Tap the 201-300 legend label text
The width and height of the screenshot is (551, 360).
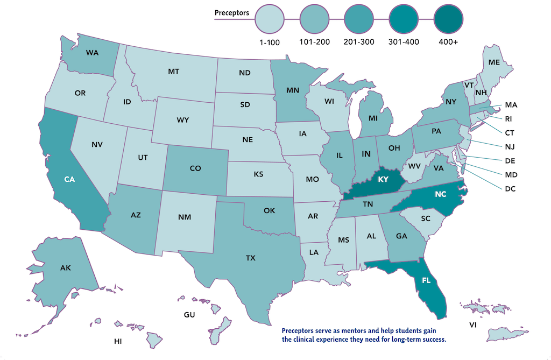click(359, 42)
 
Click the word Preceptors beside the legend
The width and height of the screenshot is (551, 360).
click(231, 12)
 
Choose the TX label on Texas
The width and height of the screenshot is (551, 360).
click(250, 258)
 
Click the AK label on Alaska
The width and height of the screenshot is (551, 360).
click(66, 267)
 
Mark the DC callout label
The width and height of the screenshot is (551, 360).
click(510, 188)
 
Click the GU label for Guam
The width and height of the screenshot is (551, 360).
click(189, 314)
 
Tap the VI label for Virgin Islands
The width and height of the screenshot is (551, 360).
click(472, 325)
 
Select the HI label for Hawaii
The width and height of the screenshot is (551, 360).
click(118, 341)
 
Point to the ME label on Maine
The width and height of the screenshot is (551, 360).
click(494, 62)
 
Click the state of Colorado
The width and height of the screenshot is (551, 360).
click(195, 168)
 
